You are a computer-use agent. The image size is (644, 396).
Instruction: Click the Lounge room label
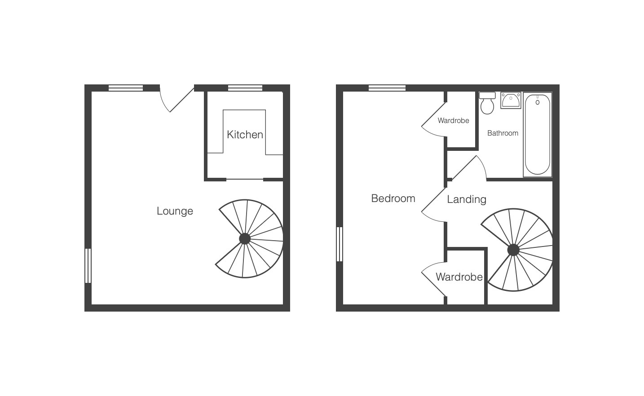175,211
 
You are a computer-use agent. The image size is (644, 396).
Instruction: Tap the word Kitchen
245,135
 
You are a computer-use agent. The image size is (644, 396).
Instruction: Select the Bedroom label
393,198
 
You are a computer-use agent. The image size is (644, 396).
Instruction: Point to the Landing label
467,200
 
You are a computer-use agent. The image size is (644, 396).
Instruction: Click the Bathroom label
503,133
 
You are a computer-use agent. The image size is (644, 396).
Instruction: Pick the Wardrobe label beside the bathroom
454,120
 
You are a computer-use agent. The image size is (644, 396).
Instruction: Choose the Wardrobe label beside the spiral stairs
459,277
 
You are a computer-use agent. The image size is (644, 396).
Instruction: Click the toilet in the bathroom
487,103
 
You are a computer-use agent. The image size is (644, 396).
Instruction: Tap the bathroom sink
511,100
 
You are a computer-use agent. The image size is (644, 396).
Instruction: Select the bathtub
537,135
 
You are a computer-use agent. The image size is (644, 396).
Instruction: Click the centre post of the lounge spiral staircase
245,239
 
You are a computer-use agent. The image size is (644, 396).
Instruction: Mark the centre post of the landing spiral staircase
513,250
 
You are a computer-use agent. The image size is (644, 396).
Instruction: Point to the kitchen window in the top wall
245,88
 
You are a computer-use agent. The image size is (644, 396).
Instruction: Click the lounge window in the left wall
88,266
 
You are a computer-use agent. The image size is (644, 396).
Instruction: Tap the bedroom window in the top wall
387,88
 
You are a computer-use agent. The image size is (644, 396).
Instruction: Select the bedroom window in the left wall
340,244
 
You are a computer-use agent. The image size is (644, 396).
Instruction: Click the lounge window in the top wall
126,88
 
